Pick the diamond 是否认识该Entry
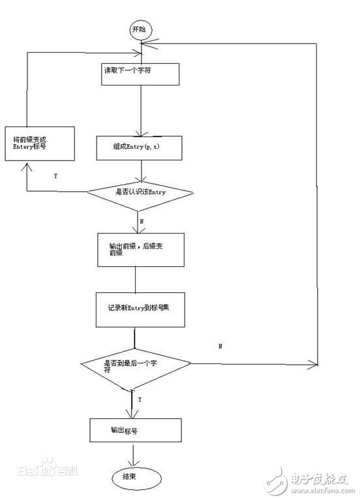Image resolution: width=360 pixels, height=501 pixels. point(141,192)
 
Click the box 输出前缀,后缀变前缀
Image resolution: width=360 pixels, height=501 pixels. point(135,249)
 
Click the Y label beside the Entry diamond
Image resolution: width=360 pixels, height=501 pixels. point(55,176)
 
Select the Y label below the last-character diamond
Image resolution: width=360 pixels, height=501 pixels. point(140,399)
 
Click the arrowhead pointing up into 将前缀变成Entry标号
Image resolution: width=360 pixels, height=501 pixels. point(27,166)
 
